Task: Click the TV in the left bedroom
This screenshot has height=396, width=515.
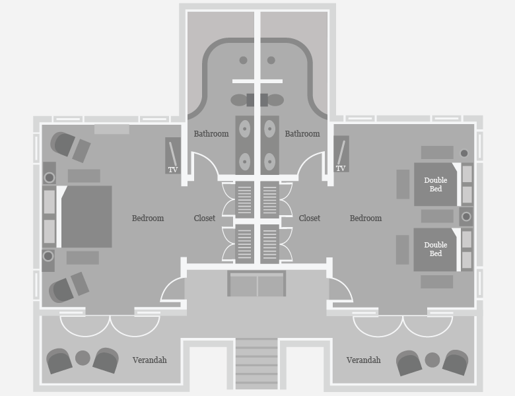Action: [173, 156]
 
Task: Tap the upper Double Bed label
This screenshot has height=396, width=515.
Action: [436, 185]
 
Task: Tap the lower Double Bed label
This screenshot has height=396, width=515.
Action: [436, 249]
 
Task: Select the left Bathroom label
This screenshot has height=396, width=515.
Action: [211, 134]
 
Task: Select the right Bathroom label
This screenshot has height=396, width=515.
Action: [302, 134]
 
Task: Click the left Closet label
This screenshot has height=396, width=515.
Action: [205, 218]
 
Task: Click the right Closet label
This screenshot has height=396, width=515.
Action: [310, 218]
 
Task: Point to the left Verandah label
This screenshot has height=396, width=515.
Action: [149, 360]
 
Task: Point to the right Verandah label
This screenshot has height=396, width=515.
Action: [364, 360]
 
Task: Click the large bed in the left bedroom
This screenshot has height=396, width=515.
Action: [86, 216]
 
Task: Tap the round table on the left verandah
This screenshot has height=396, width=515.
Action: [83, 358]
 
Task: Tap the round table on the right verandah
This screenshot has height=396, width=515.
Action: [432, 360]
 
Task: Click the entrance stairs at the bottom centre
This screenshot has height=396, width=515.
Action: [257, 365]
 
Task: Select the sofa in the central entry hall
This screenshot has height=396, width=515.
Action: [257, 284]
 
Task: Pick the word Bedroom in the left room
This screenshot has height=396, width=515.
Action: [148, 218]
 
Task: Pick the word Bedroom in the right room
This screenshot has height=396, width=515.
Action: [366, 218]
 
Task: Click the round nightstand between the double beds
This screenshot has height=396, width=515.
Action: [467, 216]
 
